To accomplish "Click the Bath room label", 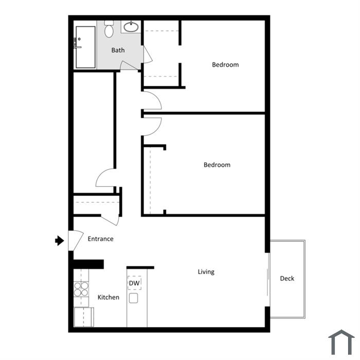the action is click(118, 50).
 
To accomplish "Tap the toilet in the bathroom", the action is click(109, 29).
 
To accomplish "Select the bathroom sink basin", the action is click(131, 27).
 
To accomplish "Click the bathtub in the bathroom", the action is click(85, 47).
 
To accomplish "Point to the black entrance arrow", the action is click(60, 241).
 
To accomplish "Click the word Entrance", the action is click(101, 239).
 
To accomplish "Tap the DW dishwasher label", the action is click(134, 283).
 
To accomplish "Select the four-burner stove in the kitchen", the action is click(81, 289).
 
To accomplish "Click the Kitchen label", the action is click(109, 297).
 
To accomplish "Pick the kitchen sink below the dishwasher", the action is click(133, 298).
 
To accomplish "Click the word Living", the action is click(206, 272).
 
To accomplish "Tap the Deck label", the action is click(287, 279).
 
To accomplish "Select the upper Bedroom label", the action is click(225, 65).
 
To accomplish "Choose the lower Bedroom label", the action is click(217, 165).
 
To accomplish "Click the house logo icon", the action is click(341, 342).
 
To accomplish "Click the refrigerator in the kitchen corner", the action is click(83, 317).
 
